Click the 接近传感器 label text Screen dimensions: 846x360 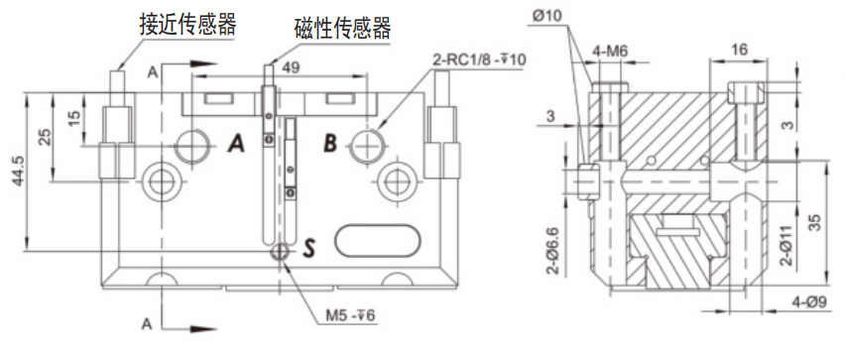[187, 24]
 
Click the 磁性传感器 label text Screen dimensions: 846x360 [342, 28]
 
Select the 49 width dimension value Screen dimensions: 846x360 [292, 67]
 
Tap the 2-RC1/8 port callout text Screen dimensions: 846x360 [479, 60]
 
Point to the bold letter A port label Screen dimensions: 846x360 [236, 144]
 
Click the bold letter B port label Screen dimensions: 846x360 [330, 144]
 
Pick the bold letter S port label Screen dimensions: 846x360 [308, 248]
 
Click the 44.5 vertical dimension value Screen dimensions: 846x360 [18, 172]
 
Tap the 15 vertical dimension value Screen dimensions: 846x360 [74, 116]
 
